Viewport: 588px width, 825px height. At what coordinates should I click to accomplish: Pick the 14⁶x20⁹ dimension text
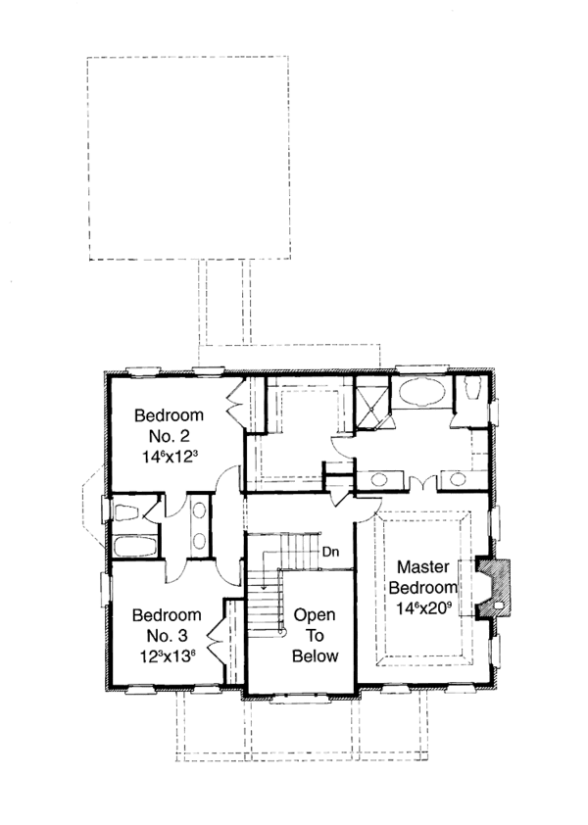point(424,607)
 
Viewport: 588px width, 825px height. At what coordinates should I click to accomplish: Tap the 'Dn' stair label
point(330,551)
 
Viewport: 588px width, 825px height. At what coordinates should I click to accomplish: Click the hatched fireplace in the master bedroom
point(495,588)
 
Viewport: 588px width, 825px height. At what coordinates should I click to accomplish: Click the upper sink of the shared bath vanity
point(200,512)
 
